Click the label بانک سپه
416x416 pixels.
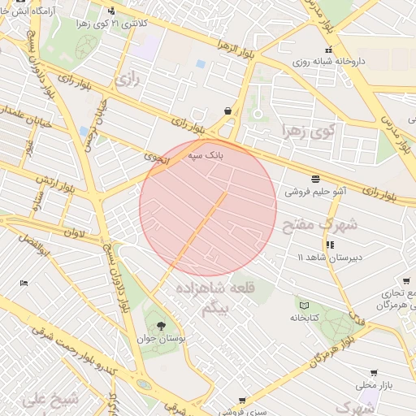coord(206,154)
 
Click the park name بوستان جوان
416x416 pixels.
coord(161,337)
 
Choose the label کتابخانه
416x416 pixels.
coord(305,317)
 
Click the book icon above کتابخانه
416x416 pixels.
coord(304,305)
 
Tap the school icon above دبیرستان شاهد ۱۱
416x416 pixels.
coord(330,244)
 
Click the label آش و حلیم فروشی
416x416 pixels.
coord(314,193)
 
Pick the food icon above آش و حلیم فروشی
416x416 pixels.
coord(314,179)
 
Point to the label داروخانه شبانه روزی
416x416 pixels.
coord(327,61)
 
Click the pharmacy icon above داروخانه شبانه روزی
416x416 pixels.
coord(305,50)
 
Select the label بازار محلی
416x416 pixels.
coord(374,385)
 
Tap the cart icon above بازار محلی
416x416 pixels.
coord(374,372)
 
